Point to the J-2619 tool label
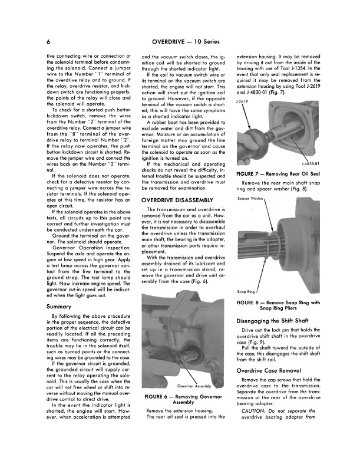[x=241, y=101]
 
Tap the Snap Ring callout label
[x=246, y=291]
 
